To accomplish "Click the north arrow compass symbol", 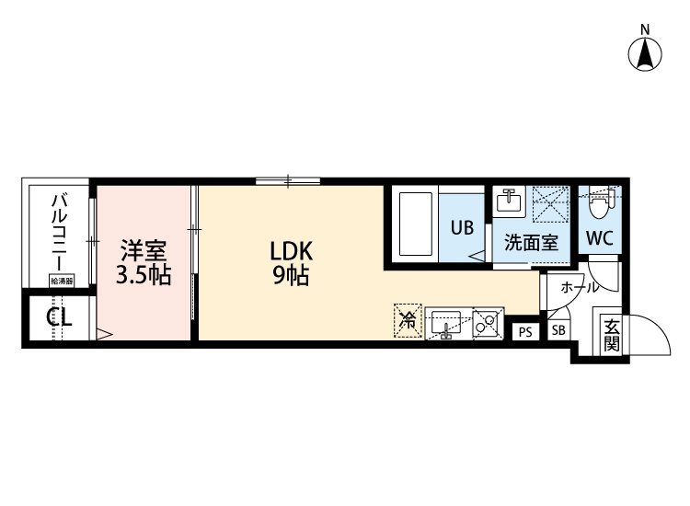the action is click(x=645, y=54).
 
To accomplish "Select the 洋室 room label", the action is click(x=144, y=250).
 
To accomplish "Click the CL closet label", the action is click(x=60, y=316).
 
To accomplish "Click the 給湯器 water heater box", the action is click(x=62, y=281).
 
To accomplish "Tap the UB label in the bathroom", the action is click(x=462, y=227).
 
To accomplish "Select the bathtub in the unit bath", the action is click(x=416, y=224).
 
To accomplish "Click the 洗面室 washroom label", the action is click(x=531, y=243).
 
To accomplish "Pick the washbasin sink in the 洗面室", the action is click(x=509, y=202).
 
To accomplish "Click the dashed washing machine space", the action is click(x=551, y=204).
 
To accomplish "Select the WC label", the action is click(x=600, y=238).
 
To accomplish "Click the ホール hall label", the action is click(x=580, y=288).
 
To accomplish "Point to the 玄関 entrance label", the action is click(x=612, y=335).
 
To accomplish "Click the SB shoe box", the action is click(x=558, y=330).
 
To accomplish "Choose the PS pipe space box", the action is click(x=525, y=332).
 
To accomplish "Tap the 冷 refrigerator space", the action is click(x=408, y=321).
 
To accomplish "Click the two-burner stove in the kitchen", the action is click(x=487, y=324).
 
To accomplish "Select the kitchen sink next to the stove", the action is click(x=446, y=324).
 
